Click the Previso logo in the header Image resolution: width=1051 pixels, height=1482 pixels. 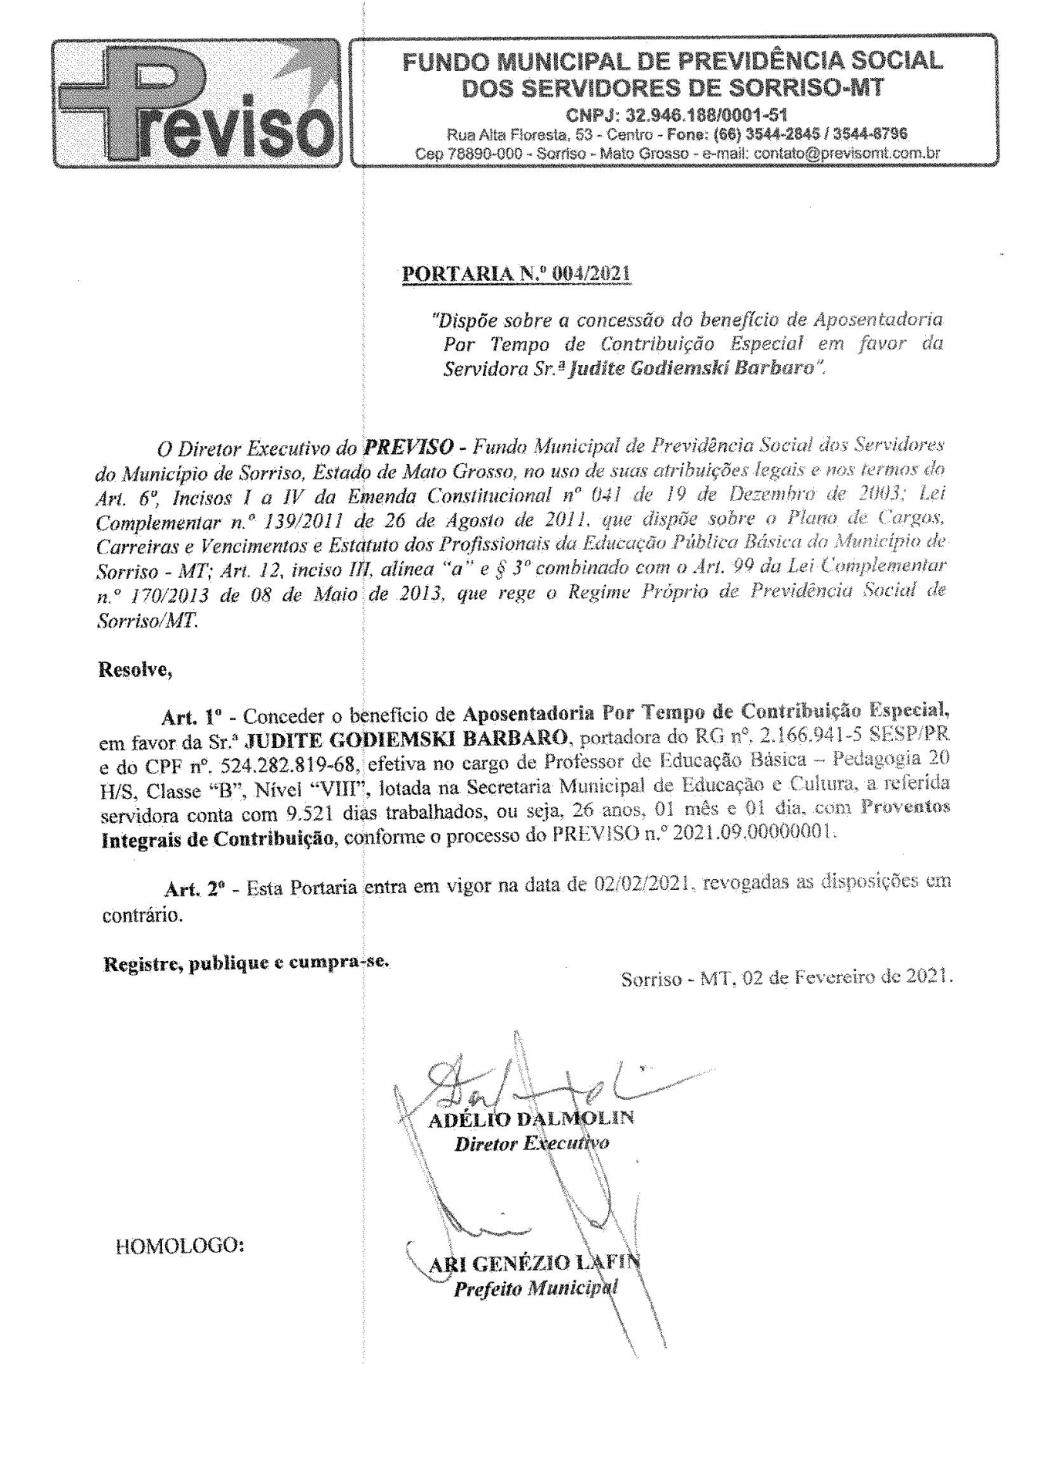pyautogui.click(x=196, y=102)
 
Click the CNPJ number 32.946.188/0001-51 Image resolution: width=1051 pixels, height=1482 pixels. pyautogui.click(x=677, y=116)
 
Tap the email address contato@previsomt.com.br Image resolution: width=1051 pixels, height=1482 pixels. pyautogui.click(x=847, y=153)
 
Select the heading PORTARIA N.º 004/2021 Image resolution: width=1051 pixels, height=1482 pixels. pyautogui.click(x=516, y=274)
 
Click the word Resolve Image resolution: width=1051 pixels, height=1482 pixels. pyautogui.click(x=134, y=669)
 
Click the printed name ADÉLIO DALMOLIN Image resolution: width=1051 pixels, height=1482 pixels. pyautogui.click(x=531, y=1118)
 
